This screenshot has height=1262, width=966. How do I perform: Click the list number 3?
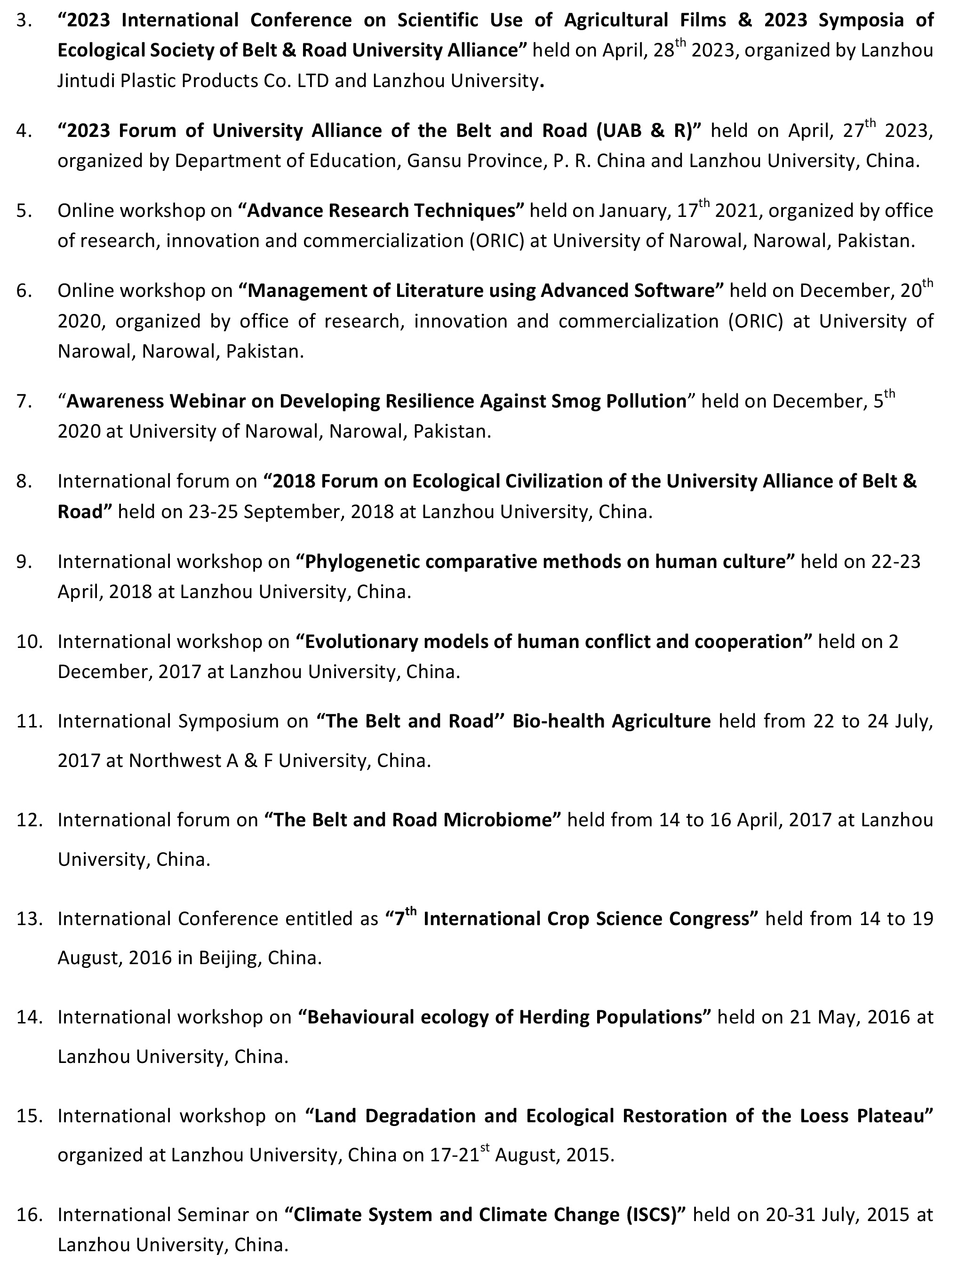(x=23, y=21)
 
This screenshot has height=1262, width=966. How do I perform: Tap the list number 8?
(x=23, y=481)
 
